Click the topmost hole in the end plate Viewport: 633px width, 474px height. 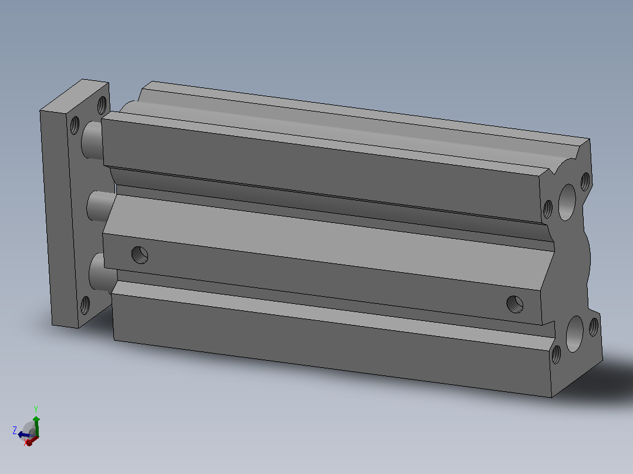pos(102,105)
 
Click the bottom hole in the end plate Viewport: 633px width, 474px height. pos(85,306)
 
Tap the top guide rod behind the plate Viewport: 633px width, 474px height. pos(92,140)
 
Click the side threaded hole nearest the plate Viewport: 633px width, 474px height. pos(140,255)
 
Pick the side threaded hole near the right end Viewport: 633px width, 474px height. pos(515,304)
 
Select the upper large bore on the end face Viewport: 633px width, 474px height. pos(567,202)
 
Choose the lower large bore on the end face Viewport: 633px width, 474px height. pos(574,334)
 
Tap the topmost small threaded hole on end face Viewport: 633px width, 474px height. pos(585,182)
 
